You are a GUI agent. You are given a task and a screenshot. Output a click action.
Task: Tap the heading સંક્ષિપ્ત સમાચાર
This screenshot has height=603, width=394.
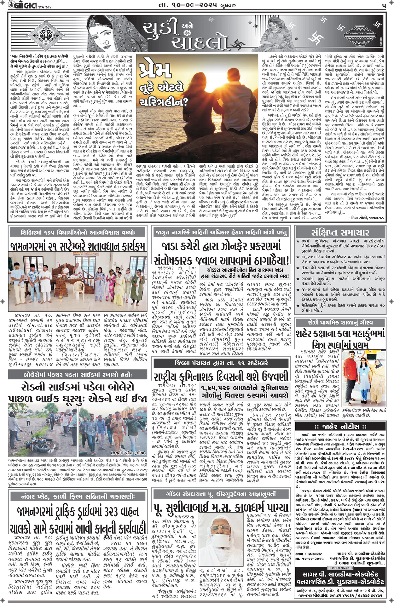click(x=340, y=233)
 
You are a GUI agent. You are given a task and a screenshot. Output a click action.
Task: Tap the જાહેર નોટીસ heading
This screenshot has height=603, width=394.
click(x=341, y=427)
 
